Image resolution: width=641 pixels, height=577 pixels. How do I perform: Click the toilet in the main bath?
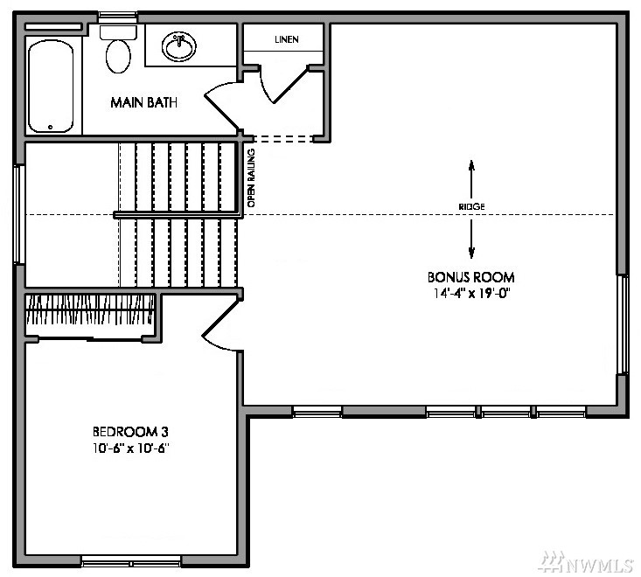click(x=118, y=50)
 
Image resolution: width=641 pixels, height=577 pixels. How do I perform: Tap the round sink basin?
click(x=179, y=46)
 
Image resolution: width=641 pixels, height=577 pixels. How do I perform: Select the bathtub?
click(x=51, y=87)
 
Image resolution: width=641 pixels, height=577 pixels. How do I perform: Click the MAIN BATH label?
click(x=144, y=102)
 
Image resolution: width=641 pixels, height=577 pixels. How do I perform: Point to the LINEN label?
click(x=287, y=39)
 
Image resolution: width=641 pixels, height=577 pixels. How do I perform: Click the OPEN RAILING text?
click(x=251, y=177)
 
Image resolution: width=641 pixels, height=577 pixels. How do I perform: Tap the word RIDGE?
click(x=471, y=207)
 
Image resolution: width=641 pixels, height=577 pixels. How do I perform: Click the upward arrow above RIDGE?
click(x=471, y=179)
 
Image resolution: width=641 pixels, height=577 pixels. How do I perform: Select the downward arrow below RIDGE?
click(x=471, y=239)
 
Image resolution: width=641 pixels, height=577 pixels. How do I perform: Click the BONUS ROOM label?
click(x=471, y=277)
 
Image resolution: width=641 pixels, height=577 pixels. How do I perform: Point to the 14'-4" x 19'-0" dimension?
click(x=472, y=294)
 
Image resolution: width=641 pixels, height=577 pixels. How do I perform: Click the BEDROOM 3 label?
click(x=130, y=432)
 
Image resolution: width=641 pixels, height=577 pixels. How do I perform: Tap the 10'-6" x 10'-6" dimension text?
click(x=131, y=448)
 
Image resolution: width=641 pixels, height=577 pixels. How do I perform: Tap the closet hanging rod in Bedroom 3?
click(x=90, y=310)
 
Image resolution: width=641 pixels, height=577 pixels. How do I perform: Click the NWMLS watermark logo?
click(x=587, y=562)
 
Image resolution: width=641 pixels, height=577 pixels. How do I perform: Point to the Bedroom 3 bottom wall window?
click(x=131, y=561)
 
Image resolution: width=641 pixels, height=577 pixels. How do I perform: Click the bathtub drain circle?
click(x=50, y=127)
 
